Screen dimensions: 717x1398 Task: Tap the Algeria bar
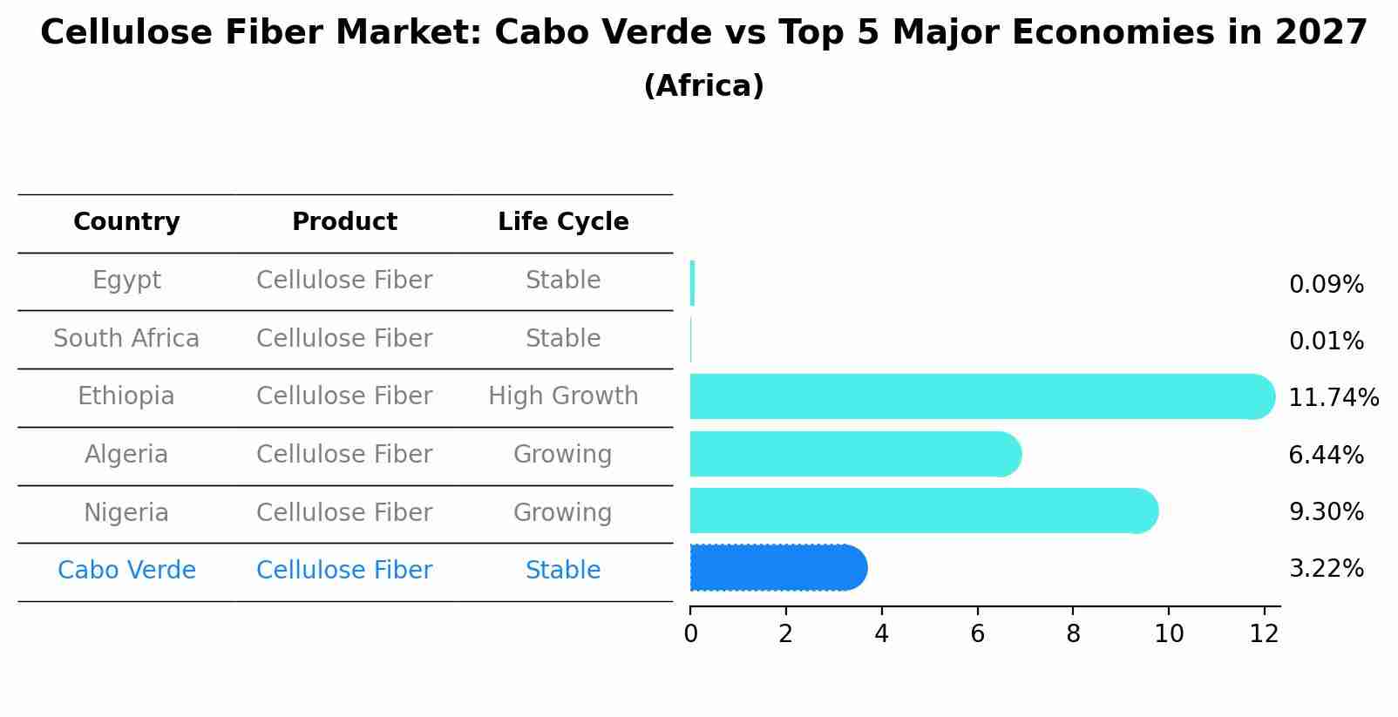pos(854,454)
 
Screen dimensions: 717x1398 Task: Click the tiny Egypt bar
pos(692,283)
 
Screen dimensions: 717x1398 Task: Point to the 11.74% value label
pos(1333,398)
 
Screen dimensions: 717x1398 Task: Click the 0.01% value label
pos(1326,342)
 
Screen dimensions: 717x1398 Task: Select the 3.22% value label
pos(1326,569)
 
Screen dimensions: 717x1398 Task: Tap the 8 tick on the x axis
pos(1073,634)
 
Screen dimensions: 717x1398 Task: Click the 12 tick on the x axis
pos(1264,634)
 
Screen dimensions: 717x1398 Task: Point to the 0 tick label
pos(690,634)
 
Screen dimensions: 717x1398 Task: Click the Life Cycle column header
pos(563,222)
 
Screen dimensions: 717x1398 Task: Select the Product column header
pos(344,222)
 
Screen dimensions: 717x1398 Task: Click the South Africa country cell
pos(126,339)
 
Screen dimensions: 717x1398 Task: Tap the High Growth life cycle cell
pos(563,396)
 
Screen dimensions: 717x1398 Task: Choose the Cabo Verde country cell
pos(126,571)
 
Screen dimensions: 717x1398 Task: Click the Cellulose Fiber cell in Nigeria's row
pos(344,513)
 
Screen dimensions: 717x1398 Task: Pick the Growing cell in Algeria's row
pos(563,455)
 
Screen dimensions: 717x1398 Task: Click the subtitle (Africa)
pos(703,86)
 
